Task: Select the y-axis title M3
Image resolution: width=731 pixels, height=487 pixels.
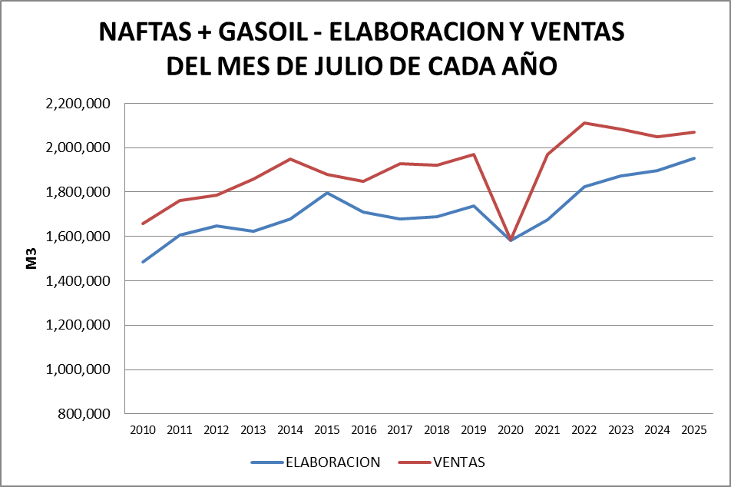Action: (31, 260)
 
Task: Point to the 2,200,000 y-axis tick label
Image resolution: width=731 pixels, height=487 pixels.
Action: (78, 104)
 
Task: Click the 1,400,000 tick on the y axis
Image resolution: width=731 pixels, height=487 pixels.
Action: (78, 281)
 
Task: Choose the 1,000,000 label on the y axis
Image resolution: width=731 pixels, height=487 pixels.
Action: (78, 369)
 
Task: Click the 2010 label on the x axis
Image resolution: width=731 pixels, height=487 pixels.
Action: (143, 429)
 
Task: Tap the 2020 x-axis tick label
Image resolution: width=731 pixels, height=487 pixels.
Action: (510, 429)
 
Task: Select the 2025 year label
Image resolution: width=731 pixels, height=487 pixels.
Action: (694, 429)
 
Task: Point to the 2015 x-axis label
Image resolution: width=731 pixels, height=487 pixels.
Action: (326, 429)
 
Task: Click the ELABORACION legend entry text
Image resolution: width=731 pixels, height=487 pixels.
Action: (332, 462)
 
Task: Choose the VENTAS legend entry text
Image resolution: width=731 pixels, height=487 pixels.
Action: (459, 462)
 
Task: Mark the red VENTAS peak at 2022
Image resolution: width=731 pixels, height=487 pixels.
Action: (584, 123)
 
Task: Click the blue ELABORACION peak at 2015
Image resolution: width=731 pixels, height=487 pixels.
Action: (327, 193)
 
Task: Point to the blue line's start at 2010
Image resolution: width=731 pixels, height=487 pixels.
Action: (143, 262)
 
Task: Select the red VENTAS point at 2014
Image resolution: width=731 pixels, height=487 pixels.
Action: (290, 159)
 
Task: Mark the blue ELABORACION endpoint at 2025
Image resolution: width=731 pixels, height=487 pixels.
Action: (694, 158)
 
